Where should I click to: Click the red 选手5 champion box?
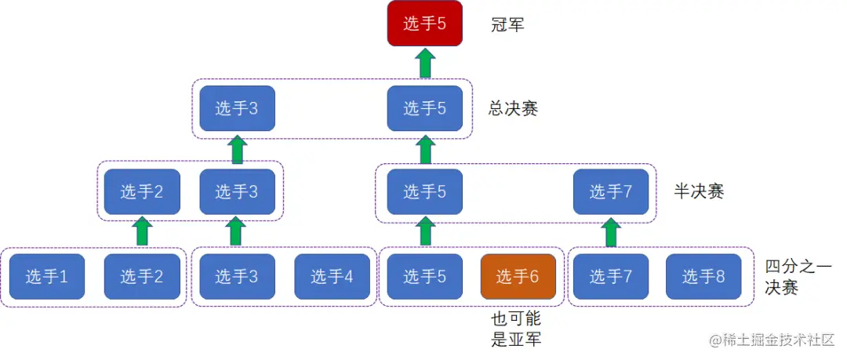pos(425,24)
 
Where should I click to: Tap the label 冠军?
pos(507,25)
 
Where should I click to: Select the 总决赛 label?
pos(514,109)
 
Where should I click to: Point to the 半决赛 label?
pos(699,191)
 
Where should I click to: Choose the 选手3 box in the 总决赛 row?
pos(237,108)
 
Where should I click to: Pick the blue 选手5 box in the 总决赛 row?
pos(425,108)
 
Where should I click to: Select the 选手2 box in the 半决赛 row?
pos(142,191)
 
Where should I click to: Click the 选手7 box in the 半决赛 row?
pos(611,191)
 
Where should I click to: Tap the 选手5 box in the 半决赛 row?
pos(425,191)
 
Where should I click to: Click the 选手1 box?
pos(47,276)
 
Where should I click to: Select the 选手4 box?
pos(332,276)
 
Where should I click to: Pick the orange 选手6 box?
pos(518,276)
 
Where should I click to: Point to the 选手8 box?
pos(703,276)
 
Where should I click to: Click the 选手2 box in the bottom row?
pos(142,276)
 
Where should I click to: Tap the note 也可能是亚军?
pos(516,329)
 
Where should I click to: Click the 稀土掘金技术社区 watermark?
pos(772,340)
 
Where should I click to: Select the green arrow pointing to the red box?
pos(425,63)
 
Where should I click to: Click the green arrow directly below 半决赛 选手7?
pos(611,232)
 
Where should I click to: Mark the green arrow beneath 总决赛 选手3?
pos(237,149)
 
